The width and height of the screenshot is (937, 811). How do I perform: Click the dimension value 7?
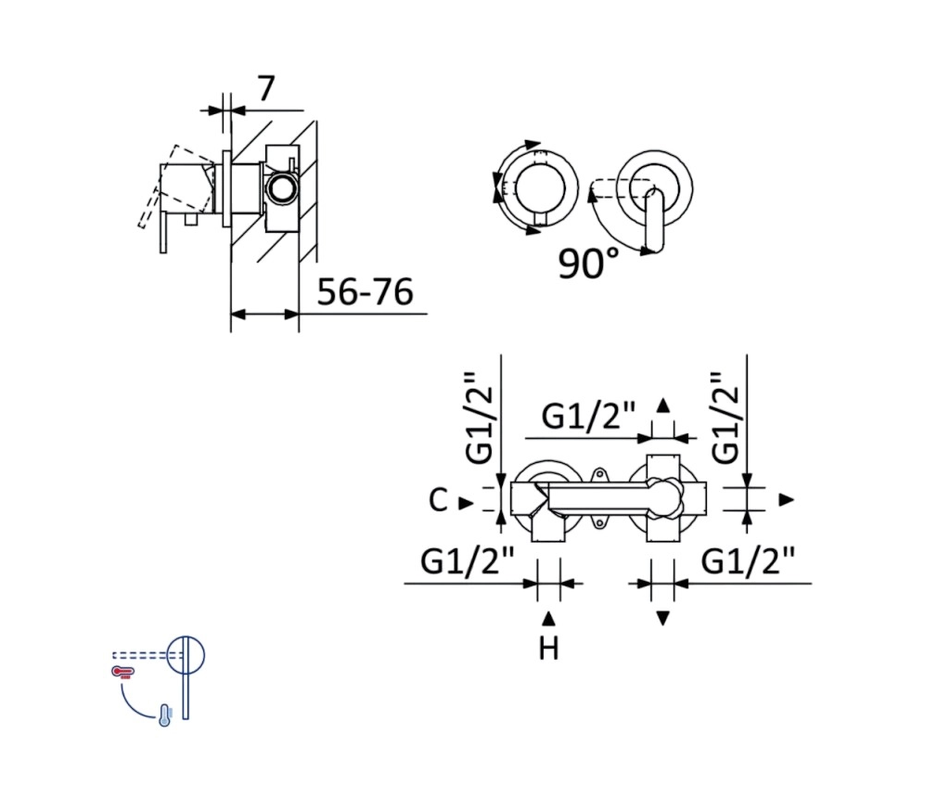(x=266, y=88)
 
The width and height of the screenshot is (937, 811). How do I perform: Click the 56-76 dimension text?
(x=366, y=292)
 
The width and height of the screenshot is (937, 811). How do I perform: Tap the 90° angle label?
(x=588, y=263)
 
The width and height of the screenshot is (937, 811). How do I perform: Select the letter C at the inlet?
(x=438, y=500)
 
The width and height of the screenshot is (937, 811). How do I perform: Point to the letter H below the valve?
(x=548, y=649)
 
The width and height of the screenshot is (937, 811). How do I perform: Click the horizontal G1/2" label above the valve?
(x=588, y=416)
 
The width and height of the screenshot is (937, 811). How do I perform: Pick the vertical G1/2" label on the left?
(x=480, y=418)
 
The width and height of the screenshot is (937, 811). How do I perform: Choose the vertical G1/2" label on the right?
(x=725, y=418)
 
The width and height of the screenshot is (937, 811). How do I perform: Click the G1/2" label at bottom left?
(x=468, y=561)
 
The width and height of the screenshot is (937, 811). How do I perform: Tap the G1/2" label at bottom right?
(x=748, y=561)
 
